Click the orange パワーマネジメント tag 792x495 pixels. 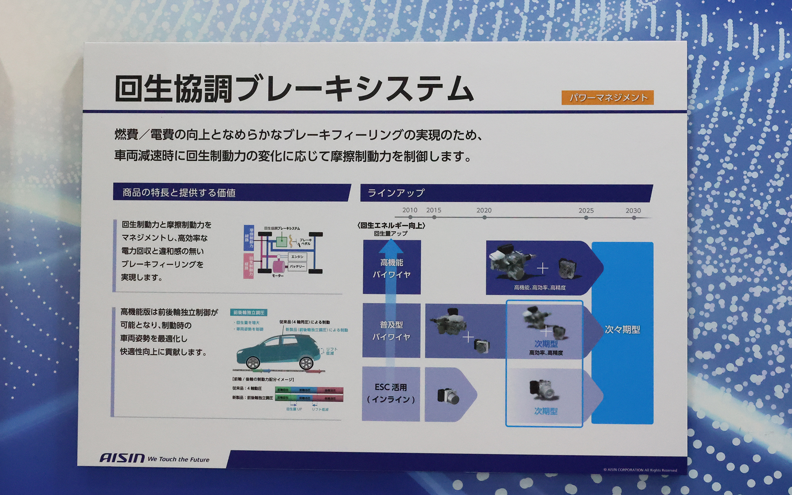pyautogui.click(x=607, y=98)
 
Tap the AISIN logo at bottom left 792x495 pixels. pyautogui.click(x=122, y=458)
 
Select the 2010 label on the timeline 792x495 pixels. pyautogui.click(x=410, y=210)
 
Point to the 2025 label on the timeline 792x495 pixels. pyautogui.click(x=586, y=210)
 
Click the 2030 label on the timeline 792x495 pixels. pyautogui.click(x=633, y=210)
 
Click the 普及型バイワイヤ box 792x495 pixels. pyautogui.click(x=391, y=331)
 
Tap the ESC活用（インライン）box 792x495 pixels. pyautogui.click(x=391, y=394)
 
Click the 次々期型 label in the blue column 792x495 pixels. pyautogui.click(x=622, y=330)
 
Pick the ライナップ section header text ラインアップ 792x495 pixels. pyautogui.click(x=396, y=193)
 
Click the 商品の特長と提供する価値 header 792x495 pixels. pyautogui.click(x=179, y=193)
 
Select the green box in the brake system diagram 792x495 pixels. pyautogui.click(x=281, y=241)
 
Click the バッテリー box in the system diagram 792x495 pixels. pyautogui.click(x=297, y=266)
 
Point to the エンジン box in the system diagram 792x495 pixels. pyautogui.click(x=297, y=257)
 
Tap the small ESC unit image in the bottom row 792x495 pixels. pyautogui.click(x=448, y=396)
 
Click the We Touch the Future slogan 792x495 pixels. pyautogui.click(x=178, y=460)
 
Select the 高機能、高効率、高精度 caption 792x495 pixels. pyautogui.click(x=540, y=288)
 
